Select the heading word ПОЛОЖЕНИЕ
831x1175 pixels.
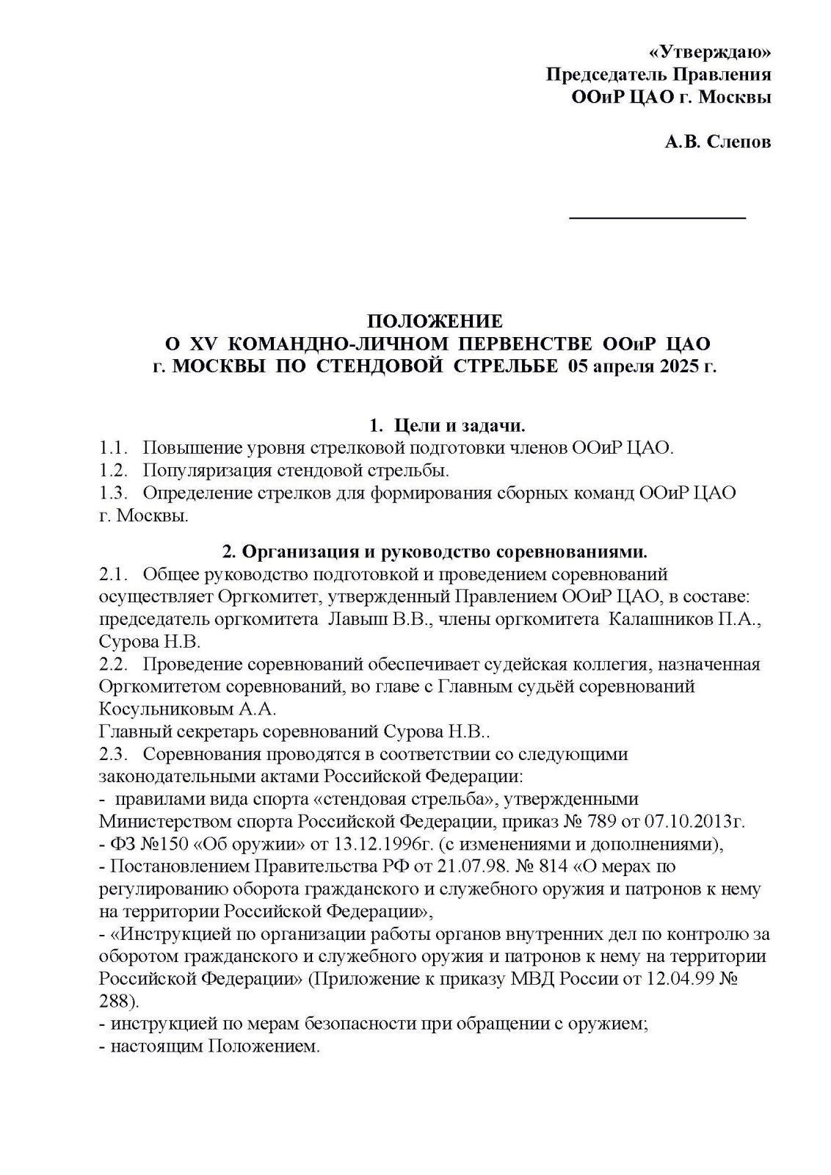pos(435,321)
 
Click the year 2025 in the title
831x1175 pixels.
pos(671,366)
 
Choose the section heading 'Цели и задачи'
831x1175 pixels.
pos(459,425)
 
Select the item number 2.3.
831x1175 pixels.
pos(113,754)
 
